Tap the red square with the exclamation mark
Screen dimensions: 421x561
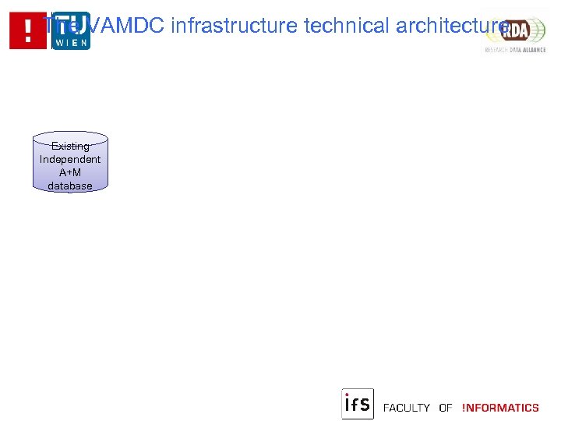28,31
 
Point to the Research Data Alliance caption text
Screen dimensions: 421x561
515,48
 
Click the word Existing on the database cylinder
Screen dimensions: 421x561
70,147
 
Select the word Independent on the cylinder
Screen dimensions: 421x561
70,160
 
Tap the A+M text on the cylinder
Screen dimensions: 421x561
70,173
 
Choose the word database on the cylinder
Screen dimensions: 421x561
70,186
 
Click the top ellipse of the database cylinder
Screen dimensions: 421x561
70,136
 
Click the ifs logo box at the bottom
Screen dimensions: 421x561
358,404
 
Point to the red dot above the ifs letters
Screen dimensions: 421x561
347,395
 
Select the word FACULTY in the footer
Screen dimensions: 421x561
407,408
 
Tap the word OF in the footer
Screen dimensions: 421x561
446,408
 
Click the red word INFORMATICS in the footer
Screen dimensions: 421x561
500,408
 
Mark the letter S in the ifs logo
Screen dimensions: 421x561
365,405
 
